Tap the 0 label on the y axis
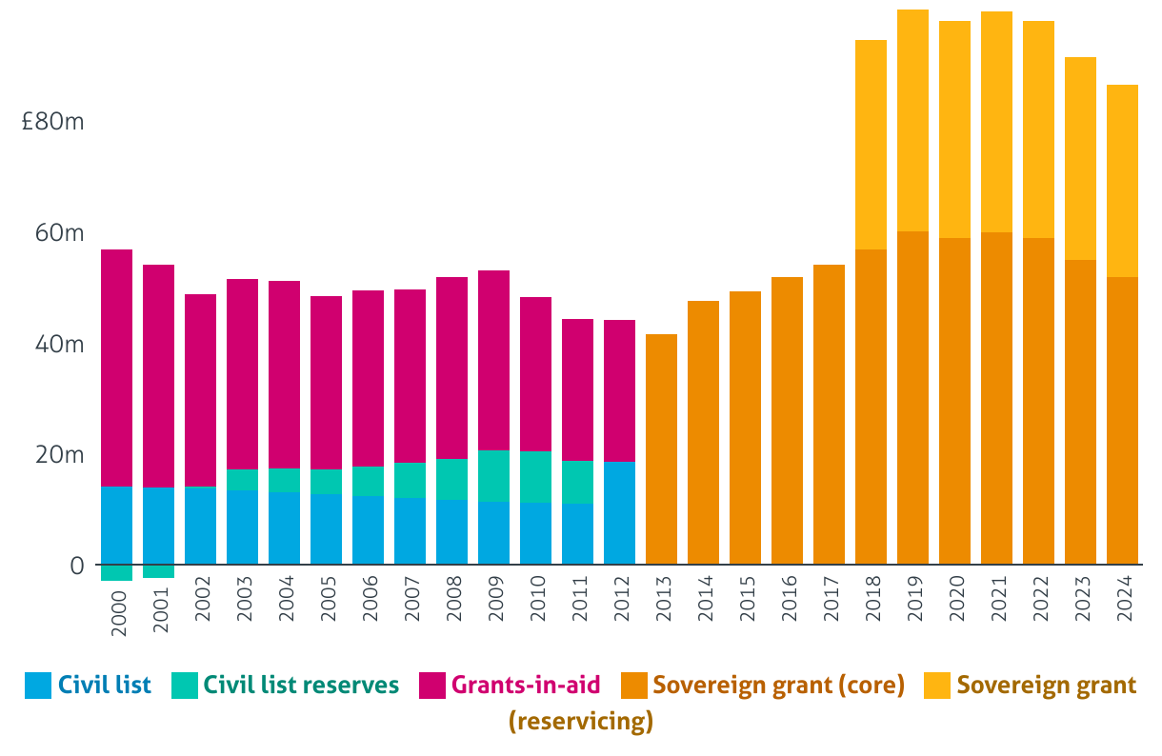point(77,566)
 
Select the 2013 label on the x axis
point(662,600)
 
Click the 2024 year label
point(1123,600)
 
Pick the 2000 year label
point(117,600)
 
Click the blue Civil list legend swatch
point(37,686)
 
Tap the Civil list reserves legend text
point(301,685)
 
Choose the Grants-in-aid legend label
point(526,685)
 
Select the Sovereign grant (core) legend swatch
point(634,686)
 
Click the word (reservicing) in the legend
point(581,721)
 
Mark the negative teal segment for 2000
point(117,572)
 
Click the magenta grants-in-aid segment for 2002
point(201,390)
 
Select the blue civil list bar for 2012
point(620,513)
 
